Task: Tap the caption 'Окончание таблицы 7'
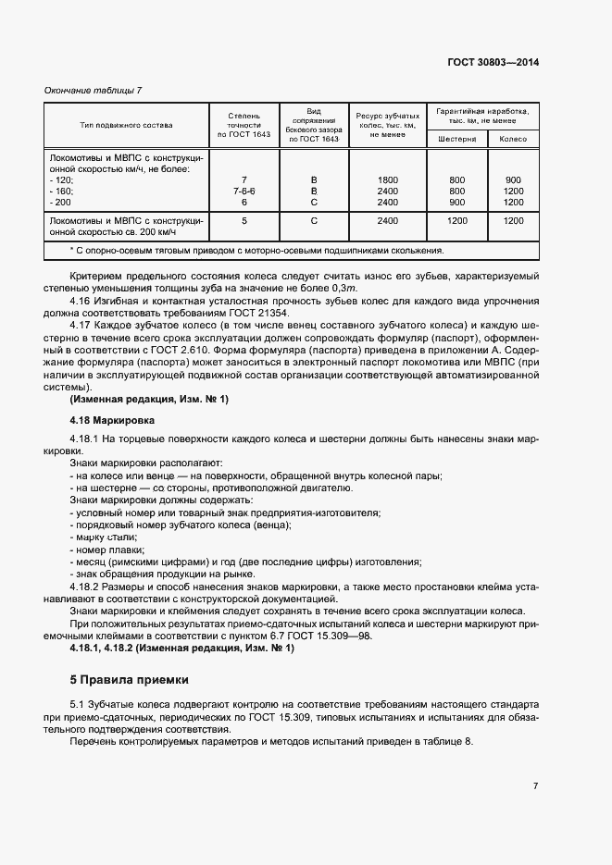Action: tap(93, 90)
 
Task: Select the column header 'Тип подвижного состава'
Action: tap(127, 124)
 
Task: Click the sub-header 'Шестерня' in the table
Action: tap(456, 139)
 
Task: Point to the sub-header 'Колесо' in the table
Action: tap(513, 139)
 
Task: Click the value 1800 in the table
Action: tap(388, 179)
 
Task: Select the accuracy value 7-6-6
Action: tap(244, 191)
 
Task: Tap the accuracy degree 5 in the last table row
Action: tap(244, 221)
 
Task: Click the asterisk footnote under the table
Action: tap(257, 250)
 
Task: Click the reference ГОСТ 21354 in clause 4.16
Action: tap(295, 315)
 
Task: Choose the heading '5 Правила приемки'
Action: tap(129, 679)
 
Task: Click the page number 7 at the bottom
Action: tap(536, 786)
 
